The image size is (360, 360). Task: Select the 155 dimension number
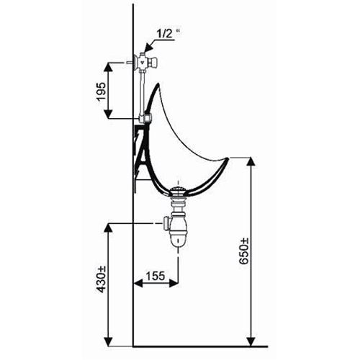point(153,275)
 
